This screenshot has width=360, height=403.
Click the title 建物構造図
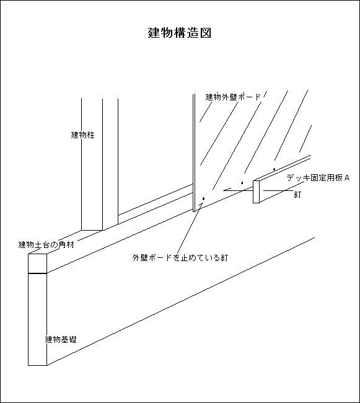[180, 33]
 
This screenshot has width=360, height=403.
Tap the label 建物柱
[82, 135]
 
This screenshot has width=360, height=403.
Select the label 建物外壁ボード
[233, 97]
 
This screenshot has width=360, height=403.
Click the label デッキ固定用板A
[318, 178]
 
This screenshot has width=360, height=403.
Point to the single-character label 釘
[297, 195]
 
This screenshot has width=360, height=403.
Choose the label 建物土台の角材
[46, 244]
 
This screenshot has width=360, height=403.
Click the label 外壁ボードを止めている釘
[180, 257]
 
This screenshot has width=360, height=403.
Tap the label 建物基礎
[61, 340]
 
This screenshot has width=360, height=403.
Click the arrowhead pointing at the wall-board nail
[201, 204]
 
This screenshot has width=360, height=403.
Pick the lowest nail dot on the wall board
[204, 198]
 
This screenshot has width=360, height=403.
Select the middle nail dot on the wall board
[242, 183]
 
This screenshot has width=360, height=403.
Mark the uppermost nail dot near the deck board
[274, 169]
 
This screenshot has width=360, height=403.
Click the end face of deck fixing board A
[257, 192]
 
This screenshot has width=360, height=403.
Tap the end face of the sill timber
[38, 263]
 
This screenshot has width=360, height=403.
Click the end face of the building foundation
[38, 319]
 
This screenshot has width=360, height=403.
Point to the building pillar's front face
[92, 164]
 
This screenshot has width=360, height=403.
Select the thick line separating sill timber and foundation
[38, 273]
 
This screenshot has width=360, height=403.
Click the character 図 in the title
[206, 33]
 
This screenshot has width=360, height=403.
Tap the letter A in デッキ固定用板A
[347, 178]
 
